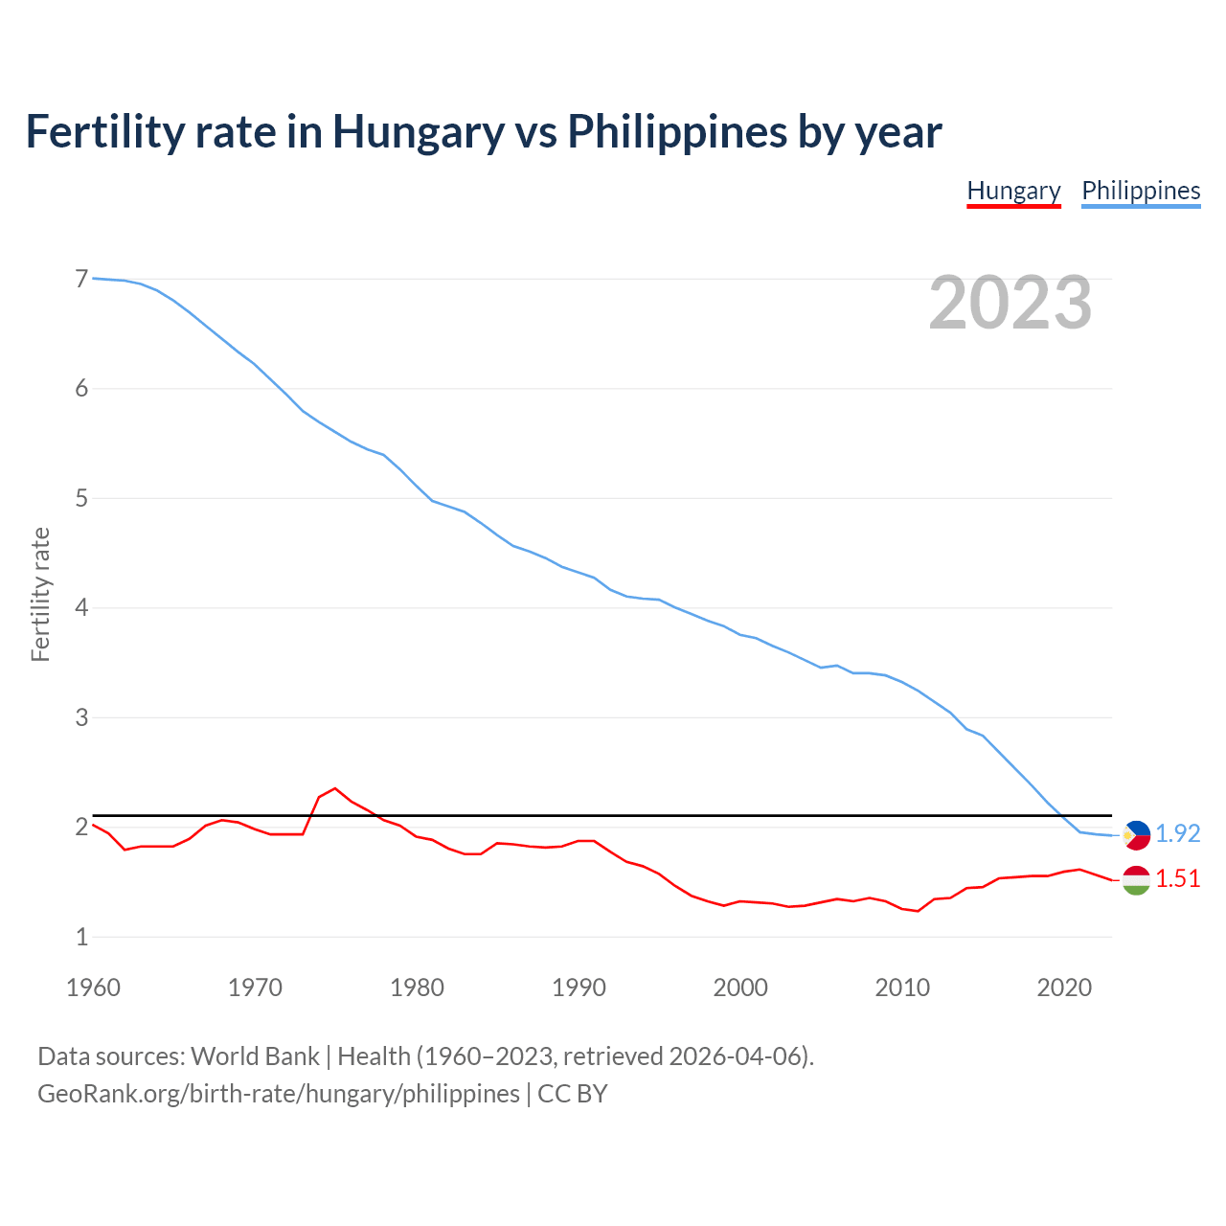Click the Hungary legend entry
[x=1013, y=191]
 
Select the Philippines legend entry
[x=1141, y=191]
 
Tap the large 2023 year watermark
[x=1010, y=303]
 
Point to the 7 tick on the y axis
[x=81, y=279]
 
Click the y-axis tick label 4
[x=81, y=607]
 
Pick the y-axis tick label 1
[x=81, y=937]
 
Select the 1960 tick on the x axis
[x=93, y=988]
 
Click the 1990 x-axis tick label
[x=579, y=988]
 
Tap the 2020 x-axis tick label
[x=1064, y=988]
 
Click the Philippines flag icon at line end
[x=1136, y=835]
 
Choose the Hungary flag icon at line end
[x=1136, y=879]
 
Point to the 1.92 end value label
[x=1177, y=834]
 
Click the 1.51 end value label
[x=1177, y=878]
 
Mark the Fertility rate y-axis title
[x=40, y=594]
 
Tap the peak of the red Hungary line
[x=334, y=788]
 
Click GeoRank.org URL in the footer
[x=278, y=1094]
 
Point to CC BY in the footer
[x=573, y=1094]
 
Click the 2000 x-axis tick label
[x=740, y=988]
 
